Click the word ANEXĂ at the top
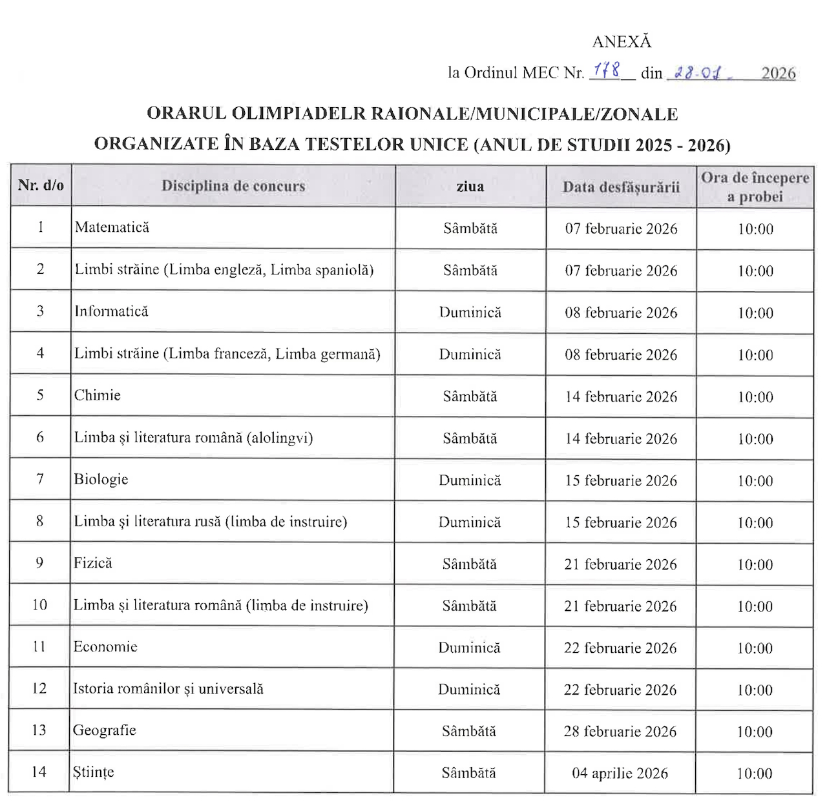[622, 42]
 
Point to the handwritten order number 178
[606, 70]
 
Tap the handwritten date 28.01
[698, 72]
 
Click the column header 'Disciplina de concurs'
[233, 186]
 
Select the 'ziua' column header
[470, 187]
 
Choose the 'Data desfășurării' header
[621, 187]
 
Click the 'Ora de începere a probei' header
[755, 187]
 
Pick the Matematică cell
[112, 227]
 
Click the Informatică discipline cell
[111, 311]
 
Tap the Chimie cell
[98, 395]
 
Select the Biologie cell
[101, 479]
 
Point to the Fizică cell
[93, 563]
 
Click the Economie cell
[105, 647]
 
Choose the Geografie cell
[105, 730]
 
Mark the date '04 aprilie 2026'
[620, 773]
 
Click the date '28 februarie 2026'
[620, 732]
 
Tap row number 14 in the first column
[39, 772]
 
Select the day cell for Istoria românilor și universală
[469, 690]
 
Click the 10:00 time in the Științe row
[754, 774]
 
